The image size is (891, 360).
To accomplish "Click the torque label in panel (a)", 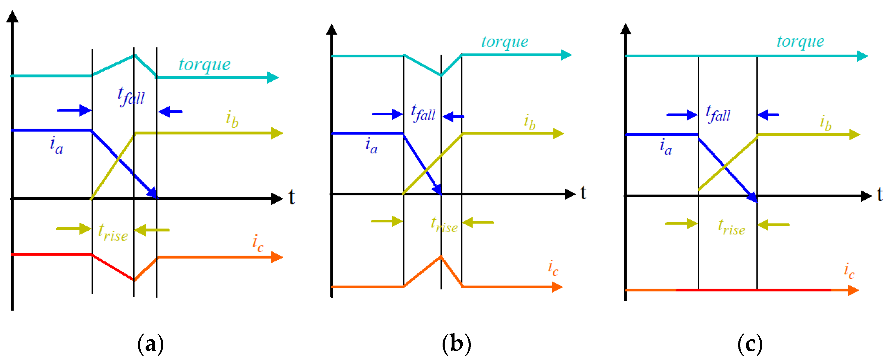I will click(x=204, y=65).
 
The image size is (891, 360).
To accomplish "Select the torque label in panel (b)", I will click(x=505, y=42).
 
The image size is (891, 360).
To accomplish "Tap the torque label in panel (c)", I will click(x=800, y=42).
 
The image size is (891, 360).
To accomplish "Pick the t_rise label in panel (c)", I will click(x=731, y=227).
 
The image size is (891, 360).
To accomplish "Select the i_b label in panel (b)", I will click(x=529, y=122).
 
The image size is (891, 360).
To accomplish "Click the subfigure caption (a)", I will click(x=151, y=344).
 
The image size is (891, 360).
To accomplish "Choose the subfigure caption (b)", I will click(x=456, y=344).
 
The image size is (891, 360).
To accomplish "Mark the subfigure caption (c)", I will click(x=749, y=344).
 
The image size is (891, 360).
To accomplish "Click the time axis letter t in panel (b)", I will click(x=583, y=193).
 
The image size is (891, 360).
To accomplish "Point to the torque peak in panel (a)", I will click(x=135, y=55).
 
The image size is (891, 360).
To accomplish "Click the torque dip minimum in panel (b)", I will click(x=441, y=75).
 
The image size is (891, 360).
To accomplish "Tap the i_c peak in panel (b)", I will click(x=441, y=256).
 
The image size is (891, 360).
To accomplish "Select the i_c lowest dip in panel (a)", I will click(x=134, y=280).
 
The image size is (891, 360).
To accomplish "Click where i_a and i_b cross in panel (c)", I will click(x=724, y=167).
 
